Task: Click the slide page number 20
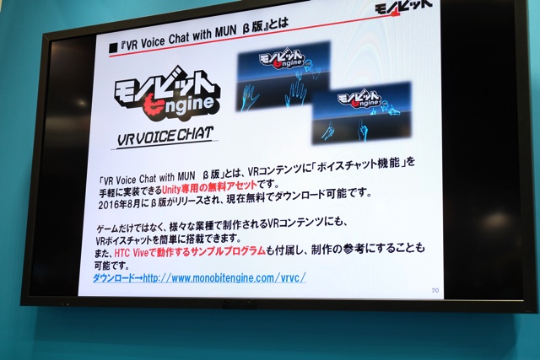pos(435,290)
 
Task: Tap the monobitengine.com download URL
pos(224,277)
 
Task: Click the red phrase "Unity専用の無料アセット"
pos(209,187)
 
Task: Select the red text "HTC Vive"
pos(131,253)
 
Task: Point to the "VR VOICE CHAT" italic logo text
pos(165,136)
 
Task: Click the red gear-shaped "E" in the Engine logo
pos(152,106)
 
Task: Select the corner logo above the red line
pos(403,7)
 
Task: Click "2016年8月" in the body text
pos(120,204)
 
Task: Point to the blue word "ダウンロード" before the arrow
pos(113,278)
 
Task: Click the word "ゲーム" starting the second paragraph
pos(108,228)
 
